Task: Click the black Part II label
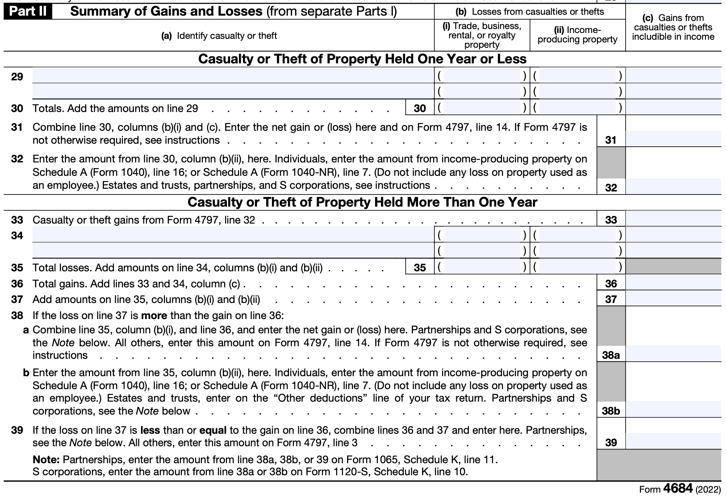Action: click(28, 12)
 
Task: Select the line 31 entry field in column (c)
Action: click(673, 139)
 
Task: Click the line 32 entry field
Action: click(673, 187)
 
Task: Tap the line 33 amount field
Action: click(673, 220)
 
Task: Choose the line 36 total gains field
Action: click(673, 283)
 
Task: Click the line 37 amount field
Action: click(673, 299)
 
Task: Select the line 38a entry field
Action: click(673, 354)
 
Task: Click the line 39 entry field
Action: click(673, 442)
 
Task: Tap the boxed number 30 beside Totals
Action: click(420, 108)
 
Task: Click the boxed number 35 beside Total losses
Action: click(420, 267)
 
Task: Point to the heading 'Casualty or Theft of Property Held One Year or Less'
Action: click(362, 59)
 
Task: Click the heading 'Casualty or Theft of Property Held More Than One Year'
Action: click(362, 202)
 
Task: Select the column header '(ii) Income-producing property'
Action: click(577, 35)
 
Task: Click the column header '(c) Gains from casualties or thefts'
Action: click(673, 27)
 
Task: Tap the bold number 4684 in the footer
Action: click(678, 489)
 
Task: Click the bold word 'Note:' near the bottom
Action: click(46, 459)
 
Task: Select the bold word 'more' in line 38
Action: click(154, 315)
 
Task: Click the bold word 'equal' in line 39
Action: click(213, 430)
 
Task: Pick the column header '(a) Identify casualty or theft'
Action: click(219, 36)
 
